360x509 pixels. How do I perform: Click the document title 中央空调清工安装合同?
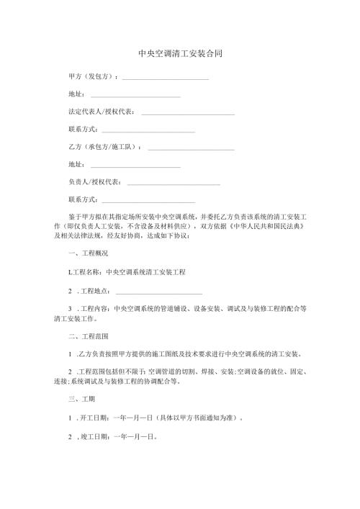[x=179, y=53]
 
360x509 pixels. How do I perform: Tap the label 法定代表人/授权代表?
[x=100, y=112]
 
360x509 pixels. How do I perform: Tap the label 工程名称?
[x=86, y=272]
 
